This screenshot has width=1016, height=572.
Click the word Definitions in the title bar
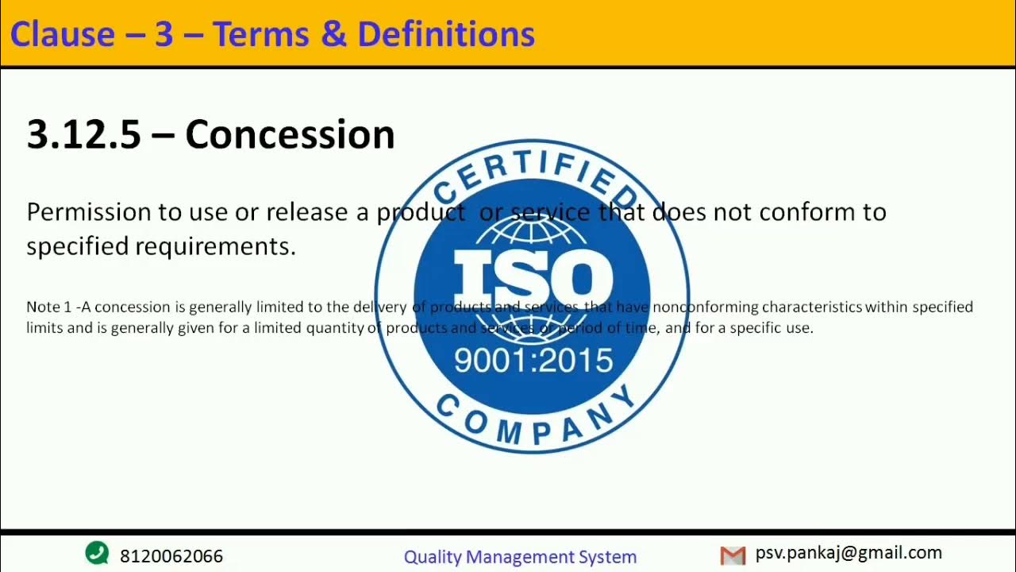[445, 34]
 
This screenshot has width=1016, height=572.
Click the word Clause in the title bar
[62, 34]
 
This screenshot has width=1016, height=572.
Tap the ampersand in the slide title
[334, 34]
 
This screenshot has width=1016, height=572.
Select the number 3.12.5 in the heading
[83, 134]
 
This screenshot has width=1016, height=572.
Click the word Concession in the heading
[290, 134]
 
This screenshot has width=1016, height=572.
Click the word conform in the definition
[804, 212]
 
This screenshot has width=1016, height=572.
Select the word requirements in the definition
[214, 246]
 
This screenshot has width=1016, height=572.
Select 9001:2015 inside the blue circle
[533, 361]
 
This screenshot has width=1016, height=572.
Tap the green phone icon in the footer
[97, 553]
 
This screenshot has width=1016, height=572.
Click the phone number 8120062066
[171, 556]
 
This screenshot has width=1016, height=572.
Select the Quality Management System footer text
[520, 557]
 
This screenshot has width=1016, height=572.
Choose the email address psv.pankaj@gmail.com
[849, 553]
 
